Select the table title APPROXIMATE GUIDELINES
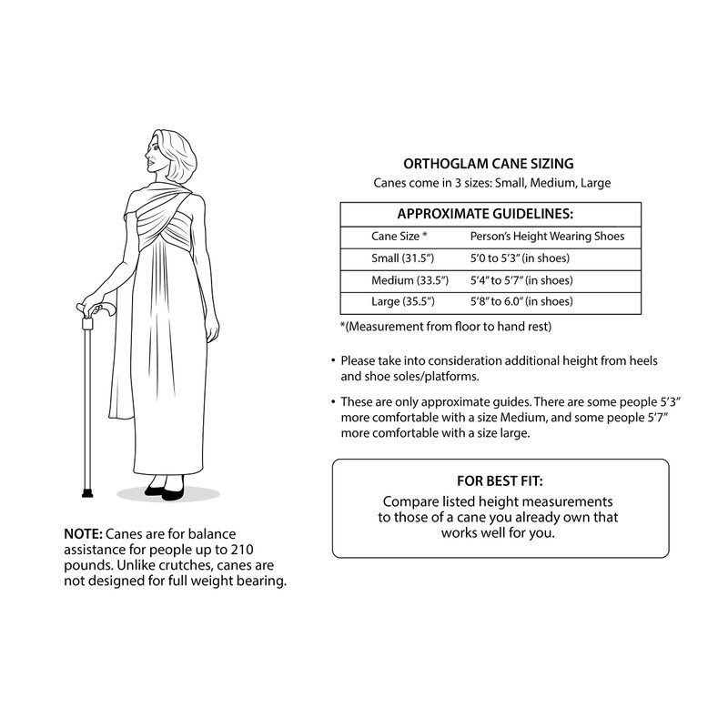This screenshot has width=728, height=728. pos(490,214)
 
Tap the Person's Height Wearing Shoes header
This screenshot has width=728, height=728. pos(546,237)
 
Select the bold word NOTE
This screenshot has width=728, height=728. pos(83,533)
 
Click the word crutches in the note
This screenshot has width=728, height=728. pos(177,565)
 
